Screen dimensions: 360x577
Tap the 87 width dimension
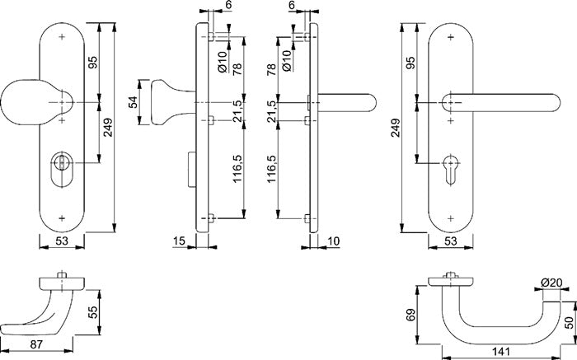(37, 344)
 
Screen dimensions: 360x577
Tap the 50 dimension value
(570, 317)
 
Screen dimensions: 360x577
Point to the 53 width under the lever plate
(450, 241)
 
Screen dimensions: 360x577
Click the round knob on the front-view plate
(23, 101)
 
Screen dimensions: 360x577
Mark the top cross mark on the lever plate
(450, 38)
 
